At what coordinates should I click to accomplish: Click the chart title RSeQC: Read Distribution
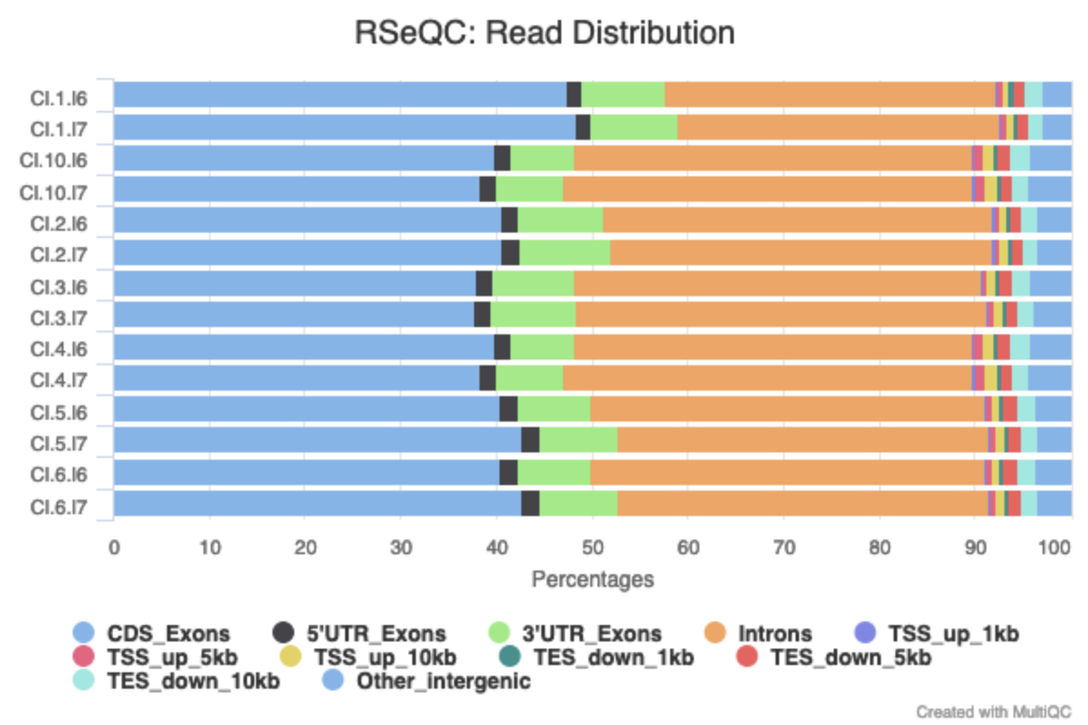point(543,34)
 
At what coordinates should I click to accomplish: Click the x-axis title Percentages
point(592,579)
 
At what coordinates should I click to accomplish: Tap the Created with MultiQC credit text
point(994,710)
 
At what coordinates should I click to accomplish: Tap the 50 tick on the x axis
point(592,548)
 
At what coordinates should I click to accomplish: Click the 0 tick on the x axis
point(114,548)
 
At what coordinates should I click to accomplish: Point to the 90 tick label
point(974,548)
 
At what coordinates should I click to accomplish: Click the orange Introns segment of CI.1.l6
point(829,94)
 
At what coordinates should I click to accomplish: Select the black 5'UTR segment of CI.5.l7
point(530,440)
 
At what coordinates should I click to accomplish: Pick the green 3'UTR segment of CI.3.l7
point(533,314)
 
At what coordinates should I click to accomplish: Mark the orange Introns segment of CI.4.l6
point(772,346)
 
